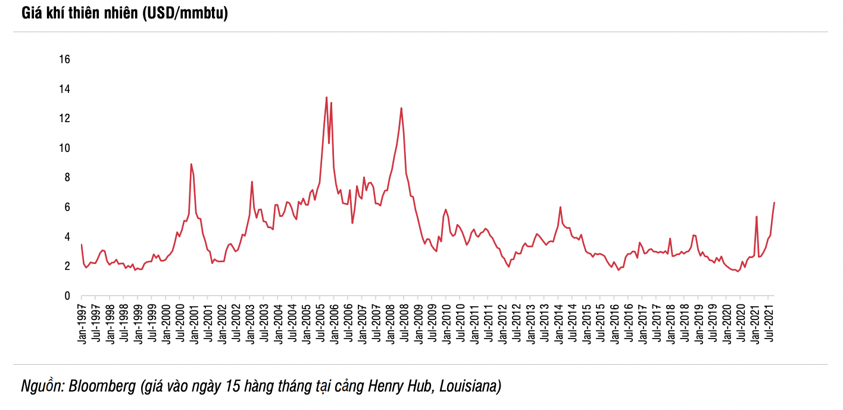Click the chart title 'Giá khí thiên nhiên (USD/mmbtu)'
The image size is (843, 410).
124,14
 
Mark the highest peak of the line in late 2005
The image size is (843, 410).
326,97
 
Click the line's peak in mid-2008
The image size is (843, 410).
401,108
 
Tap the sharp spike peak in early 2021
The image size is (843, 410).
756,216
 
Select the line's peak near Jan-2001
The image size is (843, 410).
191,164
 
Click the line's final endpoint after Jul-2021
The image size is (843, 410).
773,203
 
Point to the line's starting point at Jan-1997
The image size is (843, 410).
82,244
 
